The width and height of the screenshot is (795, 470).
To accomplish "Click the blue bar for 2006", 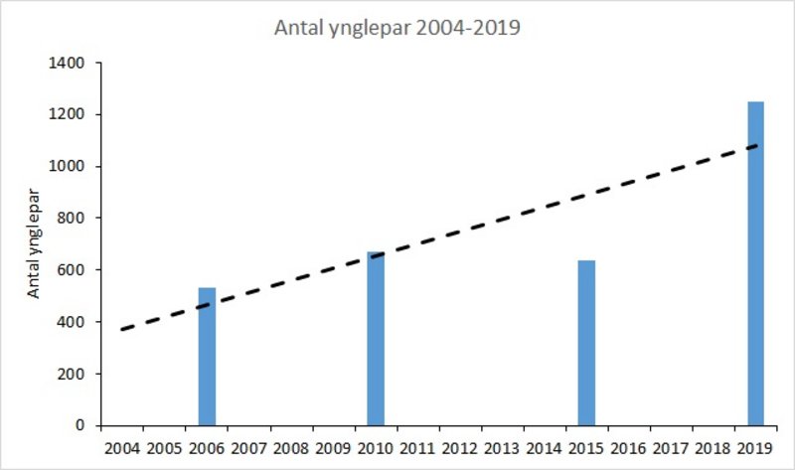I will click(x=207, y=357).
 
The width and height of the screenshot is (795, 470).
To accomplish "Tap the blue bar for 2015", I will click(x=587, y=343).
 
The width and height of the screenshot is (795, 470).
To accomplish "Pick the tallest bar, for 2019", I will click(x=756, y=263).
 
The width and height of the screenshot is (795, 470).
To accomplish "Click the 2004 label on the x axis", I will click(x=122, y=446).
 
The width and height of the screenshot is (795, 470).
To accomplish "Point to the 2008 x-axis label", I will click(x=291, y=446).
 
